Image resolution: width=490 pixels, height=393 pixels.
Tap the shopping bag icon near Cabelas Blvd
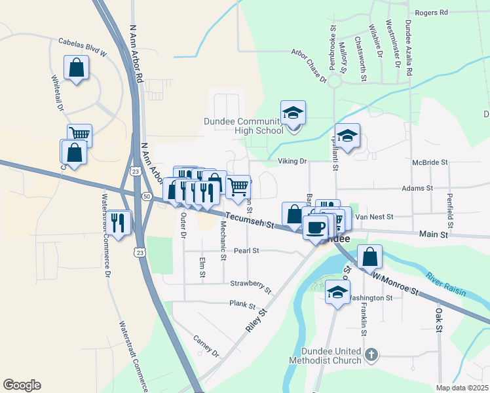pos(77,68)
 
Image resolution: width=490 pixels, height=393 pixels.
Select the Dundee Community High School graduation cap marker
pos(293,113)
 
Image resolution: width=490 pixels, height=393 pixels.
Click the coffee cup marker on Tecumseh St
pos(316,227)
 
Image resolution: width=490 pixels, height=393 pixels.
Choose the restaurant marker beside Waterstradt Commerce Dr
pos(119,222)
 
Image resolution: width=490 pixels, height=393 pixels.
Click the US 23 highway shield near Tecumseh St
pos(134,171)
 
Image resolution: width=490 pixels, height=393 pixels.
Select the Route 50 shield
pos(145,196)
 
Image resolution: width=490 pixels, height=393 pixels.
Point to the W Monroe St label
pos(396,282)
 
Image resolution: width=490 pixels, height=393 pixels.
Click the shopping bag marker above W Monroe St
pos(370,257)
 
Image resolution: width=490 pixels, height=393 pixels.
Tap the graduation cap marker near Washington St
pos(337,292)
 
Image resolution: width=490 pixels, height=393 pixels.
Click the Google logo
pos(22,385)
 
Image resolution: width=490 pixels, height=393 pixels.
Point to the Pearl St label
pos(247,250)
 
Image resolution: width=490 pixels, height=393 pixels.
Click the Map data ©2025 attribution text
pos(462,388)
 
